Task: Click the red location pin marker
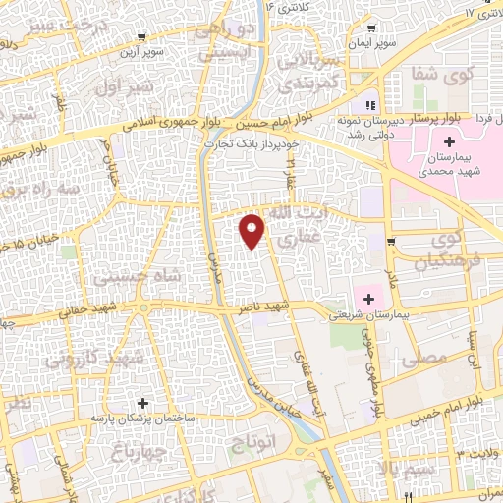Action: click(x=253, y=230)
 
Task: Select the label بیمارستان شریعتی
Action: click(x=363, y=315)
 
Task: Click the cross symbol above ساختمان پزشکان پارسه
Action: click(x=144, y=403)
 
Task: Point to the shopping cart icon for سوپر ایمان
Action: click(x=370, y=28)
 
